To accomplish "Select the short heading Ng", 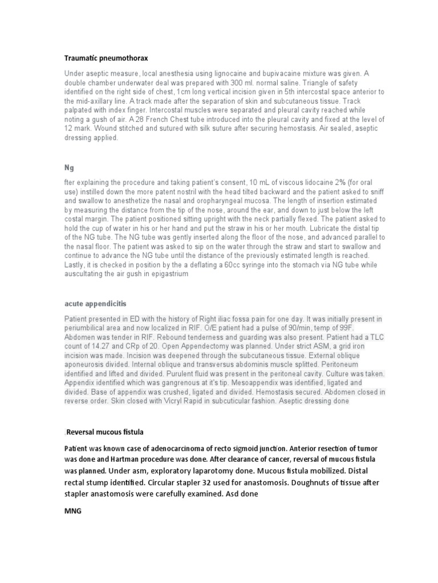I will (68, 169).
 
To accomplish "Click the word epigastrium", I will (168, 274).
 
